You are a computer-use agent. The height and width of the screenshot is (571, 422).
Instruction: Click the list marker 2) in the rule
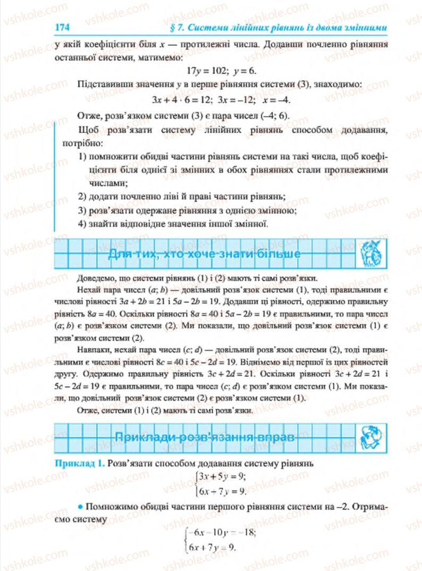coord(82,196)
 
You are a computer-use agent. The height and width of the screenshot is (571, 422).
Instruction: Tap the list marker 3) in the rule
coord(82,210)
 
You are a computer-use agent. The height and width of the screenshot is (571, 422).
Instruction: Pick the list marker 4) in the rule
coord(82,224)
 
